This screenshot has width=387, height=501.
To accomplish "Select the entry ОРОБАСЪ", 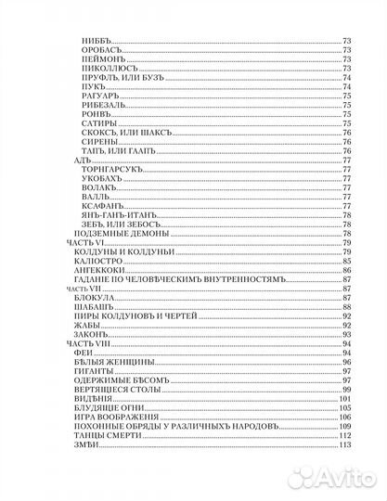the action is coord(101,53).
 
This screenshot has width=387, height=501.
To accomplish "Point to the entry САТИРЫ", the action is coord(99,121).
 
